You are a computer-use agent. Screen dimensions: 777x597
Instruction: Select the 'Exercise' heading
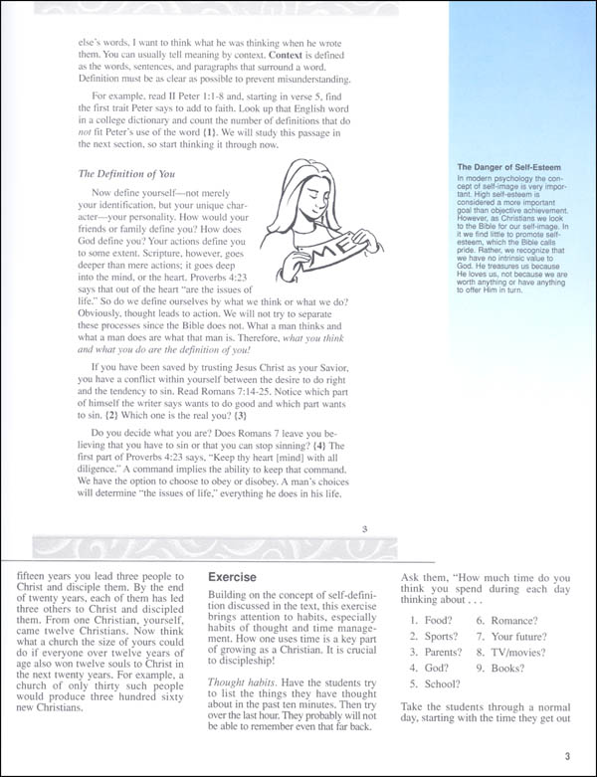pyautogui.click(x=236, y=577)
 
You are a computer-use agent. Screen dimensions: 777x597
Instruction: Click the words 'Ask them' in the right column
pyautogui.click(x=429, y=577)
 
